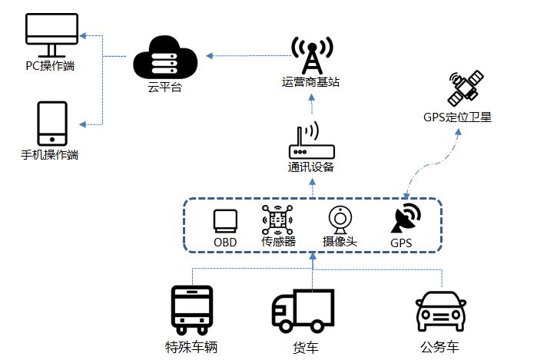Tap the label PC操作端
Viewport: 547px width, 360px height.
pyautogui.click(x=51, y=67)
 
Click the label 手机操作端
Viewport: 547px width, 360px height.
pyautogui.click(x=50, y=155)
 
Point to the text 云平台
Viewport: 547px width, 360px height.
pyautogui.click(x=164, y=88)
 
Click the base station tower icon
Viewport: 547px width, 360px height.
pyautogui.click(x=313, y=52)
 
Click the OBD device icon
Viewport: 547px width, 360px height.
pyautogui.click(x=225, y=220)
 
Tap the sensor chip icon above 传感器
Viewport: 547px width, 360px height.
pyautogui.click(x=278, y=220)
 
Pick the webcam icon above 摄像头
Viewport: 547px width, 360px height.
pyautogui.click(x=340, y=220)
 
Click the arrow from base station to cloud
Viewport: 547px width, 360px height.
pyautogui.click(x=246, y=54)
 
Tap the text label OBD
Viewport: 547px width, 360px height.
pyautogui.click(x=225, y=243)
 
